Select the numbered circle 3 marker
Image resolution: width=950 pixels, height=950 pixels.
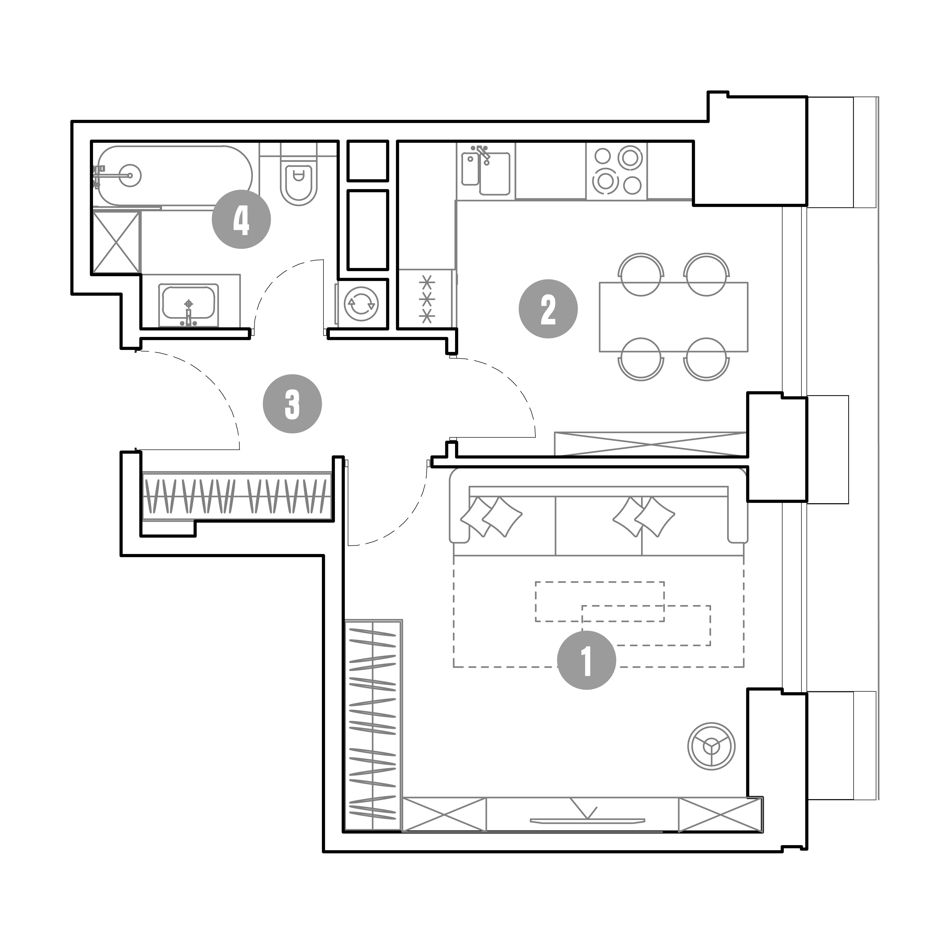(x=292, y=404)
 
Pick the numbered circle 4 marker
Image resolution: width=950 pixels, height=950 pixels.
(x=241, y=219)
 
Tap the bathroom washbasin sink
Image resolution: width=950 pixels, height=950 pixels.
(x=188, y=305)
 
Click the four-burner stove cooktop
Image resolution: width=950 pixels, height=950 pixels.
(x=617, y=171)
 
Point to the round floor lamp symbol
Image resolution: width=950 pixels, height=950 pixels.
(x=711, y=746)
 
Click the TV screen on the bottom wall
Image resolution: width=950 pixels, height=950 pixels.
(x=587, y=820)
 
